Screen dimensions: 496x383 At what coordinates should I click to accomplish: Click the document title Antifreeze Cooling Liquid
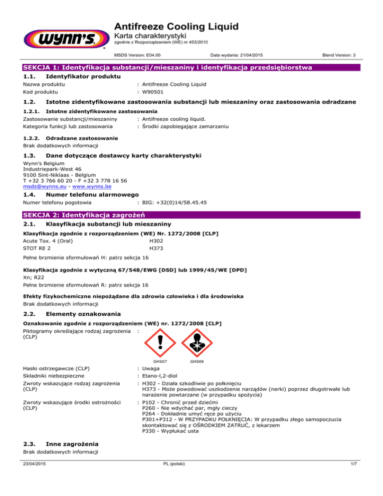177,26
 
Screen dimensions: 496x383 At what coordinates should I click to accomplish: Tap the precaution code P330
149,432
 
